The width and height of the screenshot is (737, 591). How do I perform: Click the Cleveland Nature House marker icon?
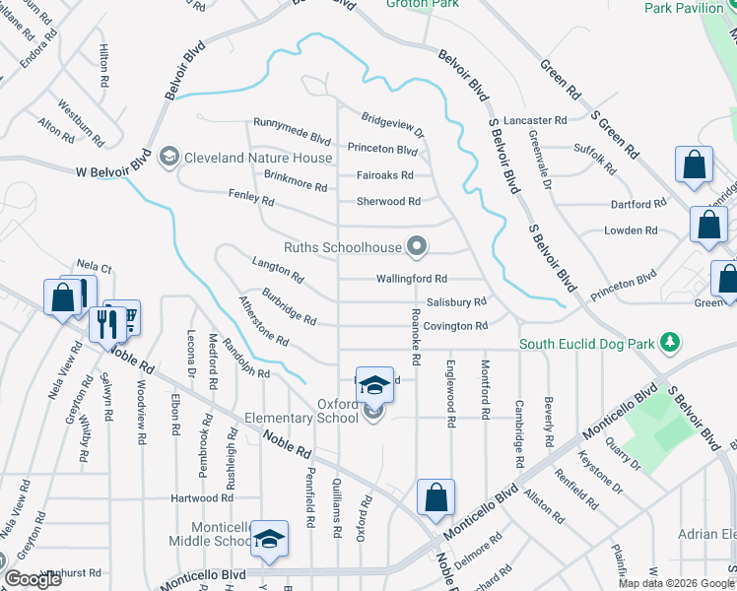pos(168,158)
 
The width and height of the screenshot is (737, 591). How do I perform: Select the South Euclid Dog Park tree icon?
pos(670,343)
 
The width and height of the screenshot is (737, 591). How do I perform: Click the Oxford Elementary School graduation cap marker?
pos(373,384)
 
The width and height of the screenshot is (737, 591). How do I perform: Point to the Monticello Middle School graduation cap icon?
pos(269,539)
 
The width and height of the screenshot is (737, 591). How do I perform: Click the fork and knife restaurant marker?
pos(103,323)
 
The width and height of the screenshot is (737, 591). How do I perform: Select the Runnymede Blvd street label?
pos(292,124)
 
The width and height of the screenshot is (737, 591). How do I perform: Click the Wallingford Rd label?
pos(412,279)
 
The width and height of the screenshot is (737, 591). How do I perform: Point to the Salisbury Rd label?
pos(456,302)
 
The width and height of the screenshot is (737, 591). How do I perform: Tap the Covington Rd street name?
pos(456,326)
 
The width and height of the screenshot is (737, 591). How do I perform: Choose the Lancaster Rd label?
pos(535,120)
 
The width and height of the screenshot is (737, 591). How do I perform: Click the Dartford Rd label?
pos(638,204)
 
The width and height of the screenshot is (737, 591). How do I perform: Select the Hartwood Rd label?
pos(201,498)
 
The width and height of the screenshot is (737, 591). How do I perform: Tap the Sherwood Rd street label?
pos(388,201)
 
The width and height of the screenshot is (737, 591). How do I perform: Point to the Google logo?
pos(33,580)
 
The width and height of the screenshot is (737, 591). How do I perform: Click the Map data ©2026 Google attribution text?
pos(676,583)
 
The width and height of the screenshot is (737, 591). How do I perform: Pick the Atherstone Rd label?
pos(263,322)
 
